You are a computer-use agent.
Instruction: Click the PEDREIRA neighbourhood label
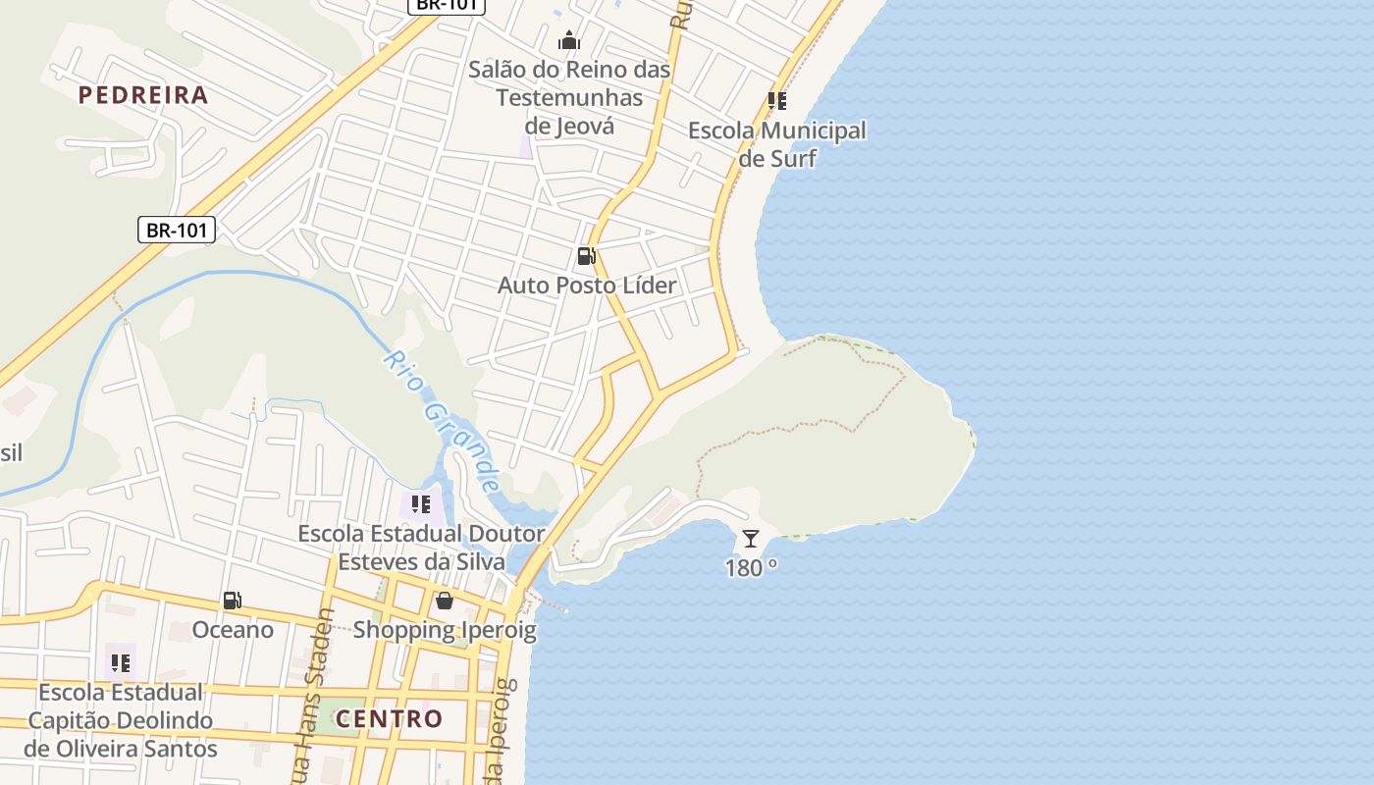click(143, 95)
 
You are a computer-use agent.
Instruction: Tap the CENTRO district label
click(390, 718)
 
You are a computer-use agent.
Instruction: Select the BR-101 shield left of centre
click(177, 231)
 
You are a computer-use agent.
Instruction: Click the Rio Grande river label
click(443, 420)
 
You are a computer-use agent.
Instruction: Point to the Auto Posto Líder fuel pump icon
click(587, 256)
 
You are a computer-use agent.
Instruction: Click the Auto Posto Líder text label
click(587, 286)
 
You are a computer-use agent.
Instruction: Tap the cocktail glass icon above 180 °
click(751, 538)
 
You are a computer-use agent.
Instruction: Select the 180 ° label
click(751, 567)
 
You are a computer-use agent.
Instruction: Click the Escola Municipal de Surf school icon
click(777, 100)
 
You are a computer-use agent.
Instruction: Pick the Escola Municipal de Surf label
click(777, 143)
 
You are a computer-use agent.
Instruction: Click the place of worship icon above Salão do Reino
click(569, 41)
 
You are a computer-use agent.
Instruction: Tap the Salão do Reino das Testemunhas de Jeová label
click(569, 98)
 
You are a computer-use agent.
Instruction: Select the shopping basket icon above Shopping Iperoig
click(445, 601)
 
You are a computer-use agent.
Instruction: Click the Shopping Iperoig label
click(445, 630)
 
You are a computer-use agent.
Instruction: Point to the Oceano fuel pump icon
click(233, 601)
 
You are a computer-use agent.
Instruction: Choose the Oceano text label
click(233, 630)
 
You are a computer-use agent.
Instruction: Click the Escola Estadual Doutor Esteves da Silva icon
click(421, 504)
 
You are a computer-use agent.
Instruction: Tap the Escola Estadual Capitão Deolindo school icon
click(121, 663)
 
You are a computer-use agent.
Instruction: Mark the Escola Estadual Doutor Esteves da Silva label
click(421, 548)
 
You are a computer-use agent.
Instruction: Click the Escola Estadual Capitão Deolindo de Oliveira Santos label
click(121, 720)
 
